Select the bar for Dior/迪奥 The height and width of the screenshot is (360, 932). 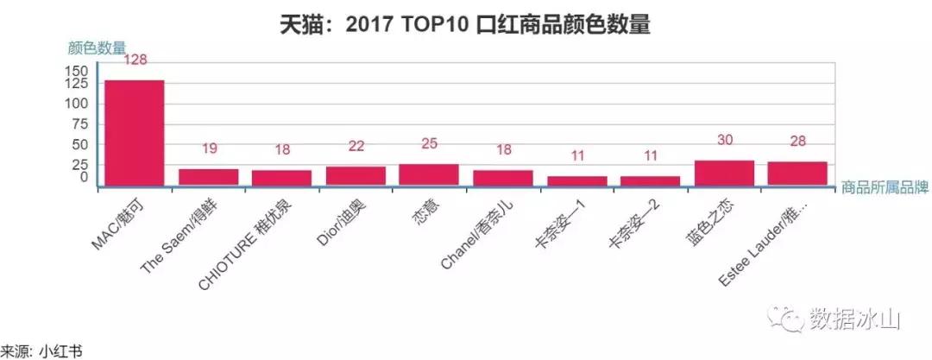(x=356, y=175)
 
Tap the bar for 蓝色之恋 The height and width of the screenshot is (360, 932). (x=724, y=173)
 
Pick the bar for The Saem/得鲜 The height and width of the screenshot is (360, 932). (x=208, y=177)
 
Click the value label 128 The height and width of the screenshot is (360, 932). (x=136, y=60)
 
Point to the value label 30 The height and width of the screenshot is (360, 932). (x=726, y=141)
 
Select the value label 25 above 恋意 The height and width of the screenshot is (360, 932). (x=429, y=144)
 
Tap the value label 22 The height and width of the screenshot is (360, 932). (x=356, y=148)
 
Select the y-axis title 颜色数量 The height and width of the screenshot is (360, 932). (x=97, y=47)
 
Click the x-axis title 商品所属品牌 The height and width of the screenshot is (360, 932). (x=884, y=187)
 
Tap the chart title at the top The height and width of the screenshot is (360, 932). (x=465, y=24)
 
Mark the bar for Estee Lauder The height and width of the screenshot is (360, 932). (x=797, y=174)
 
